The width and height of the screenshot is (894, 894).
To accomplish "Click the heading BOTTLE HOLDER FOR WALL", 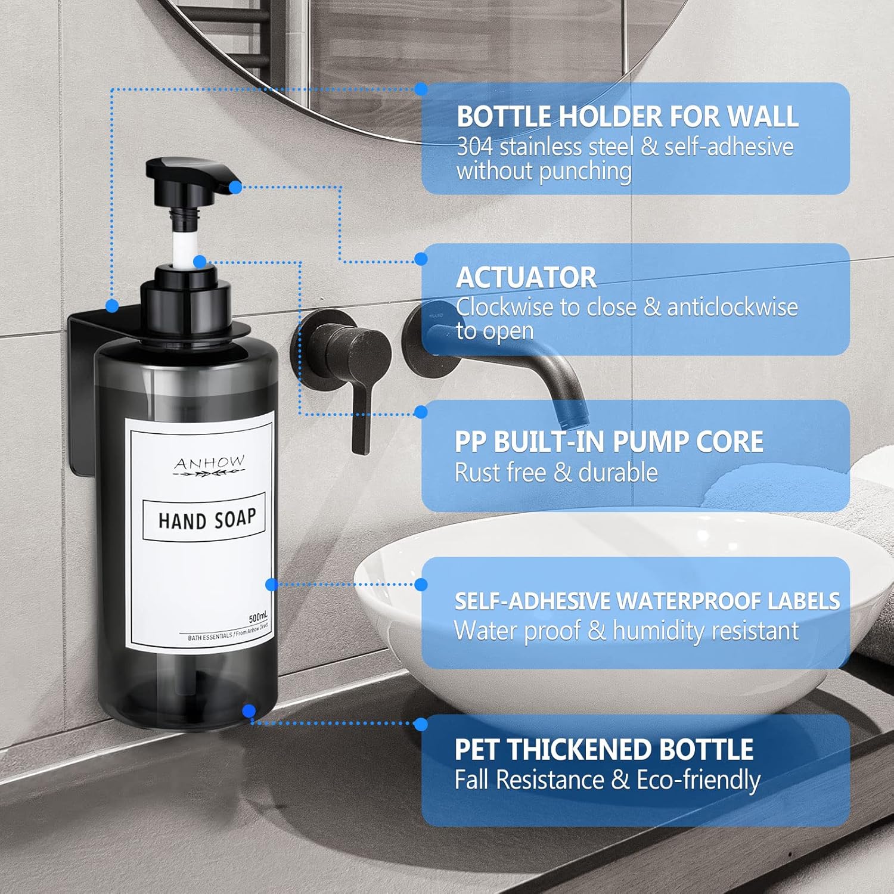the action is (627, 116).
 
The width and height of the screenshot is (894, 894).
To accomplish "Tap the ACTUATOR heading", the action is (526, 277).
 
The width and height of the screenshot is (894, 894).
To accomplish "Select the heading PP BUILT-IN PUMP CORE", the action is (609, 442).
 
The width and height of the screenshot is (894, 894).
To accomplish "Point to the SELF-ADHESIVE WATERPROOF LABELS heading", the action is (647, 601).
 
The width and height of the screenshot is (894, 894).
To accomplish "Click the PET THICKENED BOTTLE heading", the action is (604, 749).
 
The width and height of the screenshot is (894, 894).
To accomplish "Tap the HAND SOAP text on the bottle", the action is (207, 519).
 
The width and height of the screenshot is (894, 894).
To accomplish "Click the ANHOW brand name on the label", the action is (209, 462).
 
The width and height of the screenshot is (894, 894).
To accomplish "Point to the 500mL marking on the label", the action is (258, 617).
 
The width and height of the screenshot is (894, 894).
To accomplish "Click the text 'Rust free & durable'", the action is (556, 473).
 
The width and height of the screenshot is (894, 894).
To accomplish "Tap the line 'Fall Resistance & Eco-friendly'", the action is (607, 780).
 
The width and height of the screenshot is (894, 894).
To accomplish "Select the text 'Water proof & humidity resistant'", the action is (626, 631).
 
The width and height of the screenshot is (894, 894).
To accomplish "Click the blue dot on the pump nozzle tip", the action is (235, 187).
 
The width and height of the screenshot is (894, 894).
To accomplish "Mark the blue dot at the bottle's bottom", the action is (249, 710).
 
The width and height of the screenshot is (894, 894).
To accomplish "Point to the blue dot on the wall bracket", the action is (112, 306).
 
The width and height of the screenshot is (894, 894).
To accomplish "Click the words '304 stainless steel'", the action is (545, 147).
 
